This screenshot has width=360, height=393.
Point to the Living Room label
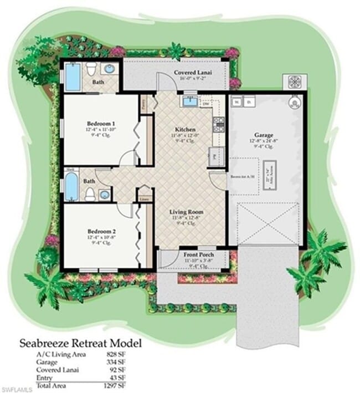(x=186, y=212)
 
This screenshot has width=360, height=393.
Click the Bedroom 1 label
(x=101, y=123)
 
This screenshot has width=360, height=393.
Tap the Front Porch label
(x=198, y=255)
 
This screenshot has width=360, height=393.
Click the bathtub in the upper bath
(x=73, y=76)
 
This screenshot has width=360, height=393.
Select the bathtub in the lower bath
(x=71, y=187)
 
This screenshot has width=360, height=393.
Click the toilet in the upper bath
(x=91, y=69)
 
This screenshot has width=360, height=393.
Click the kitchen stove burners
(x=218, y=124)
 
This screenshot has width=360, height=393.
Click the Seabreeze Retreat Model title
(x=81, y=343)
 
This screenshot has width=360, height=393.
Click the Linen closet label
(x=144, y=198)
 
